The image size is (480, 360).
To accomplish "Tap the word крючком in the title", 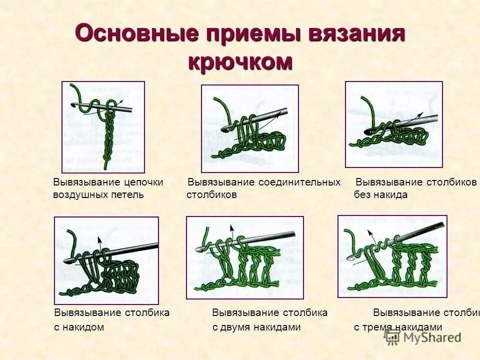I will point(240,61).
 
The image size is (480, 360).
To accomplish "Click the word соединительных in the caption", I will point(299,182).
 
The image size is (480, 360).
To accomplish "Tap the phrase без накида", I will point(381,194).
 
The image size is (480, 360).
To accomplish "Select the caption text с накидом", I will point(79,327).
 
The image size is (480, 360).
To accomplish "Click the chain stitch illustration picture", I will point(103,127).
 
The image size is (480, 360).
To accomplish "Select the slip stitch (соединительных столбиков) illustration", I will point(249,128).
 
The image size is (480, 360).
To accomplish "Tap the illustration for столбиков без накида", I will point(393,124).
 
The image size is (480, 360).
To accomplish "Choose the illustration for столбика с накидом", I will point(106,260).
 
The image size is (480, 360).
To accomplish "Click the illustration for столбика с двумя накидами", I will point(244,257).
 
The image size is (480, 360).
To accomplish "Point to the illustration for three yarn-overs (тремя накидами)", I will point(392,256).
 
